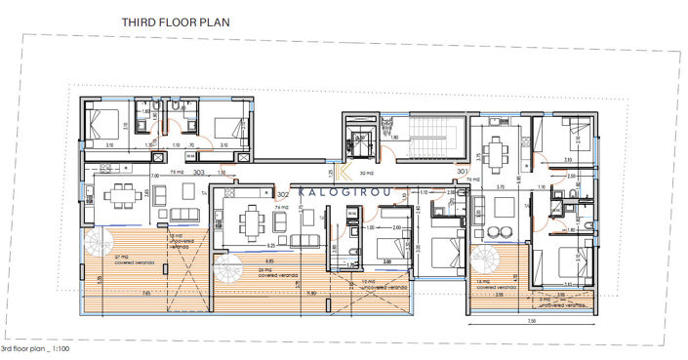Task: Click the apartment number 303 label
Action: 199,172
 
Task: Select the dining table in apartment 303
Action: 120,194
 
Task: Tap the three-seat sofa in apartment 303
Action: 183,215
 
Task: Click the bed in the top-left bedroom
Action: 101,125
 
